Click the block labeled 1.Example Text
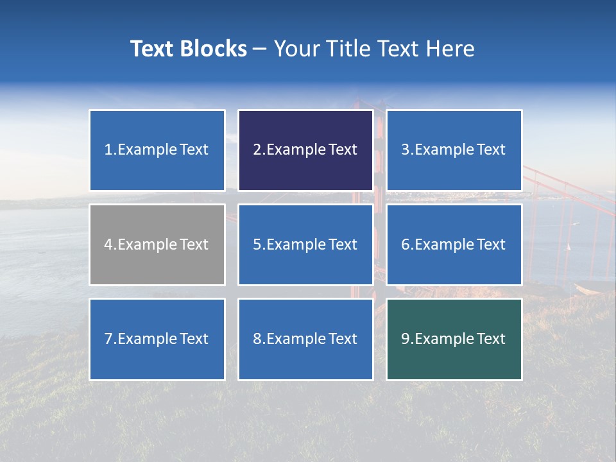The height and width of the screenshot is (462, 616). (x=157, y=150)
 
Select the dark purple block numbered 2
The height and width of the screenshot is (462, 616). (x=305, y=150)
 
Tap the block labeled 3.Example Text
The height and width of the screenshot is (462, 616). (x=454, y=150)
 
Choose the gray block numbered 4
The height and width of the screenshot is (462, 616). (x=157, y=244)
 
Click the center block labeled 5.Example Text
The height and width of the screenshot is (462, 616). (x=305, y=244)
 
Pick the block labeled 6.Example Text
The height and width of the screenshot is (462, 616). (x=454, y=244)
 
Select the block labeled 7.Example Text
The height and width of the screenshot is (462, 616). (x=157, y=339)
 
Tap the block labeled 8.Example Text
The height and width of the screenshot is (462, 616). (x=305, y=339)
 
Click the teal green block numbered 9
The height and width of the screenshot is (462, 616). (x=454, y=339)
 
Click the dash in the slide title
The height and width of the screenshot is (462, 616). (x=260, y=49)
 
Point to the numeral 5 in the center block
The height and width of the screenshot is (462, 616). (x=257, y=244)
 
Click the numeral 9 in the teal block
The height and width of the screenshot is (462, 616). (x=406, y=339)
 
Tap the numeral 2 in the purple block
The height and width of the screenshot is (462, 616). (x=257, y=150)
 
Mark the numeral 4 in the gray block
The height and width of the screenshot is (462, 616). (x=108, y=244)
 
